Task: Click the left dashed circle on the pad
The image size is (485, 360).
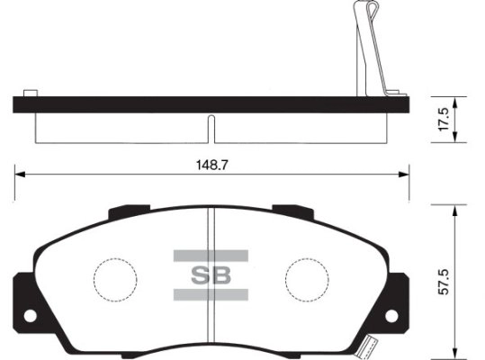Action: [115, 274]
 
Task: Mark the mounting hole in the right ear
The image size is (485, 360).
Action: [393, 316]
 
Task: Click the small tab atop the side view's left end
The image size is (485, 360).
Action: [29, 93]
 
